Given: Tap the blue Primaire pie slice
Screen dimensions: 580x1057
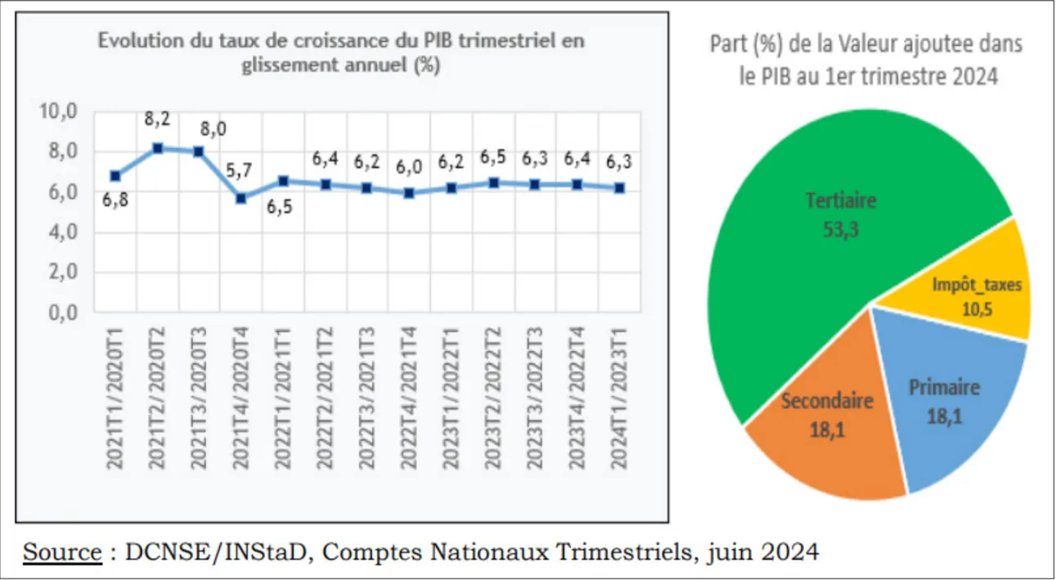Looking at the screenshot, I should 949,409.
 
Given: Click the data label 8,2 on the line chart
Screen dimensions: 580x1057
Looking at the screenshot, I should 158,119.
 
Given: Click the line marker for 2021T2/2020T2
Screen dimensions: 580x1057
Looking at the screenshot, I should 158,148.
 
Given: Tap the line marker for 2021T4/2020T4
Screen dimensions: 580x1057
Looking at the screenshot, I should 241,198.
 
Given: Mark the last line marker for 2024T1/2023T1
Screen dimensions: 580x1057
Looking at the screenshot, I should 619,187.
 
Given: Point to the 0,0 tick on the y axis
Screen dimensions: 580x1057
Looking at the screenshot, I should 61,313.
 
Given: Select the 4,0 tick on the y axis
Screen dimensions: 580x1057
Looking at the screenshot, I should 61,233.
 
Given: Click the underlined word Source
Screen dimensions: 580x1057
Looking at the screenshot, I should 61,552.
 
